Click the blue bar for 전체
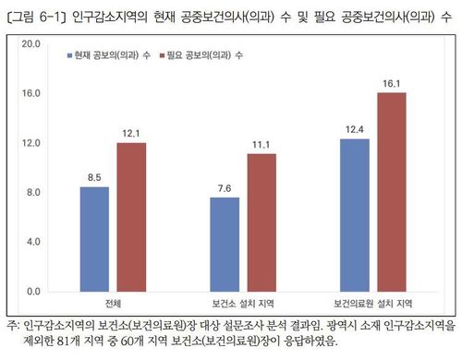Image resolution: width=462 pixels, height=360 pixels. click(94, 239)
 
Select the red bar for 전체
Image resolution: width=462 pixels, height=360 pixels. click(131, 217)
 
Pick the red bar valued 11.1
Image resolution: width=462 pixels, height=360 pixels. click(261, 222)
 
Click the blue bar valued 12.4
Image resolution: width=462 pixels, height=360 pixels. click(355, 215)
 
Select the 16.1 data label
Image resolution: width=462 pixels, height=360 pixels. click(392, 83)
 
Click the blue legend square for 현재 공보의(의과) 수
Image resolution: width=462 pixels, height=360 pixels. click(70, 56)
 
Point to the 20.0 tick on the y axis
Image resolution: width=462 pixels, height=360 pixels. click(32, 44)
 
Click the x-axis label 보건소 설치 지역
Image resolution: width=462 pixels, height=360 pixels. click(244, 304)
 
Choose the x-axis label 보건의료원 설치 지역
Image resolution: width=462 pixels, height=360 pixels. click(374, 304)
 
